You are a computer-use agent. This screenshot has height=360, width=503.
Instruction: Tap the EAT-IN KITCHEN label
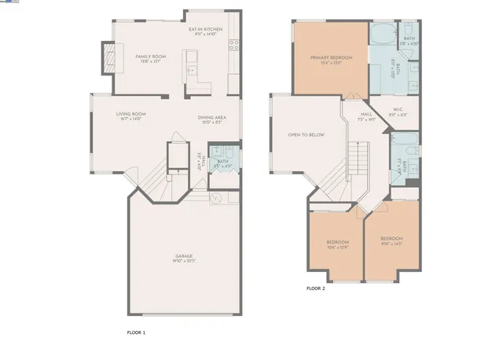[x=207, y=29]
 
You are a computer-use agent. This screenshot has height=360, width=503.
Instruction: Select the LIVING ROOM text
[x=131, y=114]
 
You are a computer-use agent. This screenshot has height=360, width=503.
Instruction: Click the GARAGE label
[x=184, y=256]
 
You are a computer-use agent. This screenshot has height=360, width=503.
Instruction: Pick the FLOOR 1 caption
[x=136, y=332]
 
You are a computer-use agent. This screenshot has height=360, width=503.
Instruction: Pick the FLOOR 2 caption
[x=315, y=288]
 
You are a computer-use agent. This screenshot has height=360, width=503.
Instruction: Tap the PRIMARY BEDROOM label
[x=330, y=58]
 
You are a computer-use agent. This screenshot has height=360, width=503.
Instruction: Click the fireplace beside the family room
[x=108, y=57]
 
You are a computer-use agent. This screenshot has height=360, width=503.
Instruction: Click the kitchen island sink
[x=191, y=69]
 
